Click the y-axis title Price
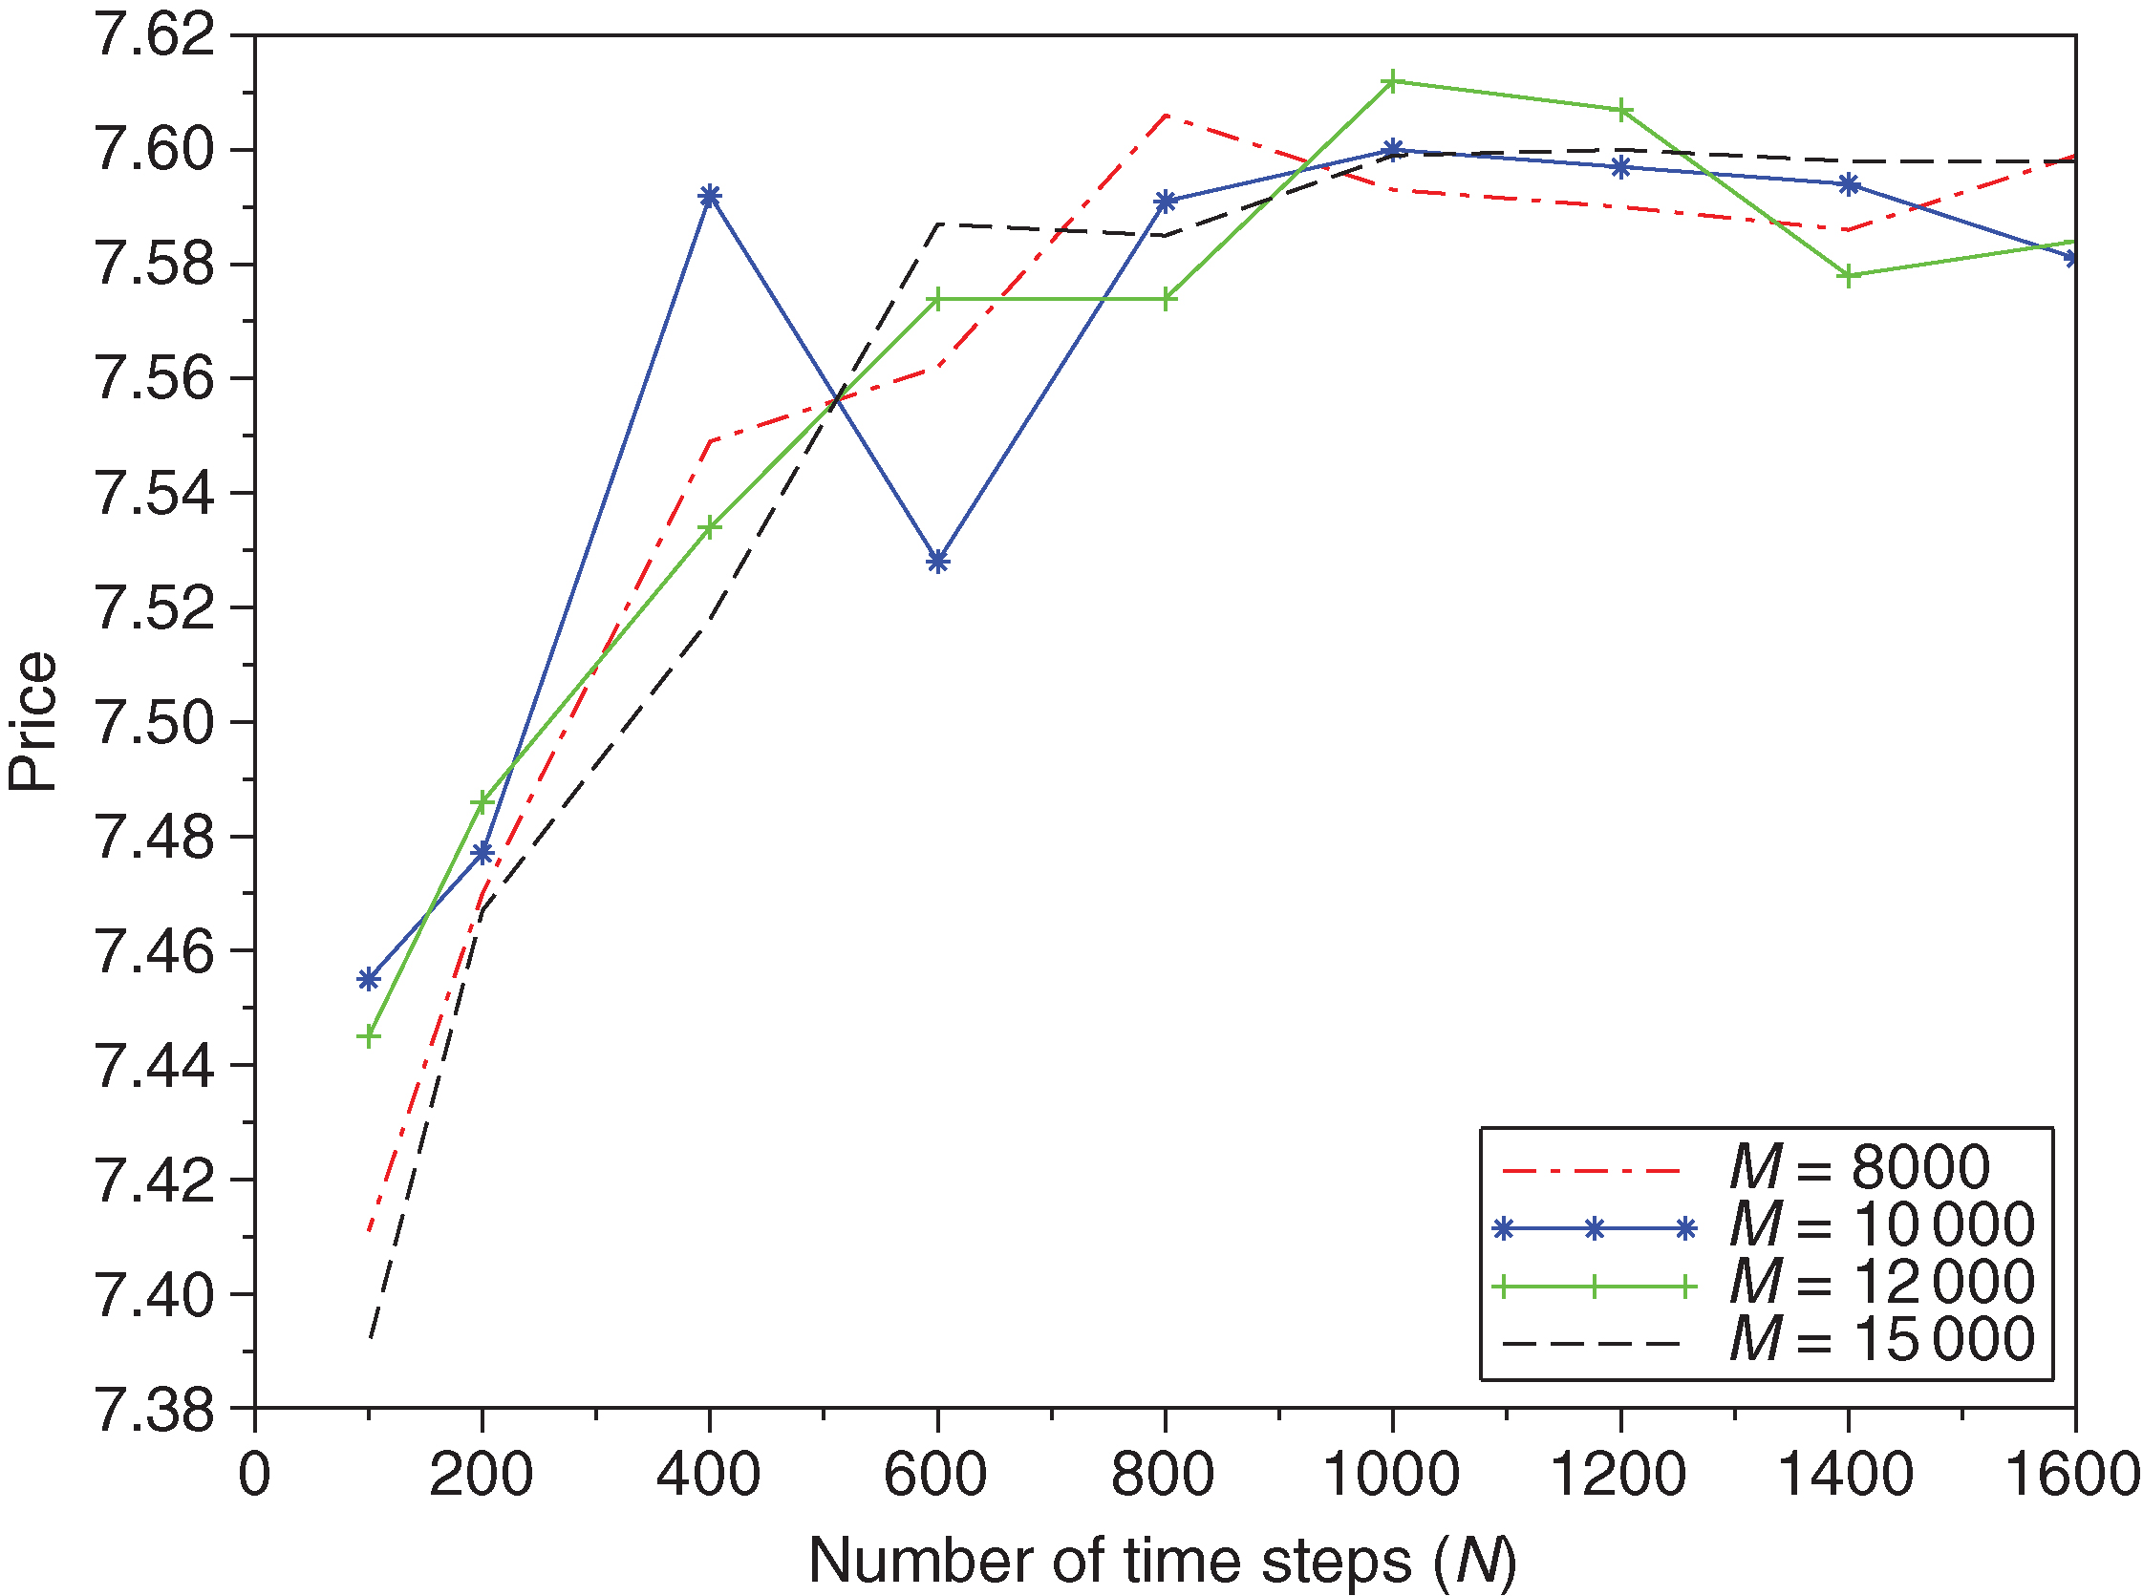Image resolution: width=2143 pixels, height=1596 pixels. (32, 722)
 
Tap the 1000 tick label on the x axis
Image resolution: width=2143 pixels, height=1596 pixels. (1391, 1476)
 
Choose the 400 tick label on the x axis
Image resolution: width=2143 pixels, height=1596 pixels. (709, 1476)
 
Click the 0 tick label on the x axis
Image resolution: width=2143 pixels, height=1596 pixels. (254, 1476)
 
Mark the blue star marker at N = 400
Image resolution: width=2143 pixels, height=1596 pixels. (709, 196)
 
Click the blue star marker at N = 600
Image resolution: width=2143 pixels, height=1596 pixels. (937, 562)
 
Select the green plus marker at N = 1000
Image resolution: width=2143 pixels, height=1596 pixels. (1392, 81)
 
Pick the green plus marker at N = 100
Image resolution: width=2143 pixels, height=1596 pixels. (368, 1036)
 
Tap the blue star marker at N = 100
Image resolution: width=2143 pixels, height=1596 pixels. (368, 980)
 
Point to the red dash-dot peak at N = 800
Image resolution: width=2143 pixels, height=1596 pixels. (1166, 115)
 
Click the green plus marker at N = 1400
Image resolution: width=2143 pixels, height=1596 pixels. (1849, 276)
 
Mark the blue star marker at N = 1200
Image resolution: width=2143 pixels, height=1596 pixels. (1620, 167)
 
